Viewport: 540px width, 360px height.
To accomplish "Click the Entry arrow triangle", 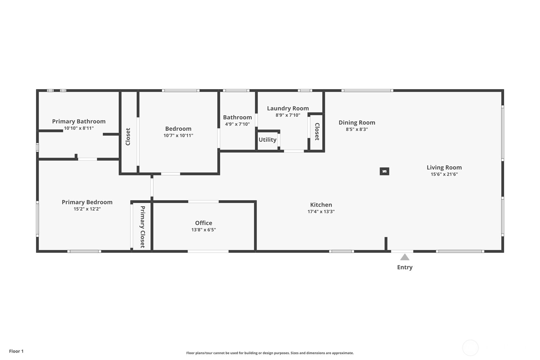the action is (405, 257).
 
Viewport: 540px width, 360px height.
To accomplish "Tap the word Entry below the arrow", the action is (405, 267).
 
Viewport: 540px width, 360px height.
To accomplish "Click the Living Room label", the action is (444, 167).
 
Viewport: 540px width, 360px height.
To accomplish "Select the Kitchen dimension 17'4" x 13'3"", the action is (321, 211).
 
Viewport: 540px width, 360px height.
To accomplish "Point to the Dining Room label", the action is (357, 123).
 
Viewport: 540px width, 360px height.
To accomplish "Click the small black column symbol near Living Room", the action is (384, 172).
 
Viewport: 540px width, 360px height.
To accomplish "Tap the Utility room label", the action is (268, 140).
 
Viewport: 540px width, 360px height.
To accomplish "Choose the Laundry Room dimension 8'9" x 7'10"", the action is (288, 115).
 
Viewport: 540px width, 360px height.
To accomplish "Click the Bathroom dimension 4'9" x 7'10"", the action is (237, 124).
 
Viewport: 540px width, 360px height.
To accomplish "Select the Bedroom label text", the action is (179, 129).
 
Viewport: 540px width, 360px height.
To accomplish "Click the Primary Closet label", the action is (143, 227).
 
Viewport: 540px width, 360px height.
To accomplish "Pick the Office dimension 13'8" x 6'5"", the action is (204, 230).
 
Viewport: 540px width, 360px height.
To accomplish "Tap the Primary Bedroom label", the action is (87, 202).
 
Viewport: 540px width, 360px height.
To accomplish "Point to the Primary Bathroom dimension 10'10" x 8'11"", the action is (79, 128).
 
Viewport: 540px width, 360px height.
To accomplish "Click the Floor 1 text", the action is (17, 351).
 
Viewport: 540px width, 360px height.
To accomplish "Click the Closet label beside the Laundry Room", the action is (317, 132).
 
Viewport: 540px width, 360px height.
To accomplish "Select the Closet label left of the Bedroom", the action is (128, 137).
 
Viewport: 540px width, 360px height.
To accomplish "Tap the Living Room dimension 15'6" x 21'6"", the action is (444, 174).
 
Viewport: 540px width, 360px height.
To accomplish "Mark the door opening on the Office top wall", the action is (203, 201).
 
